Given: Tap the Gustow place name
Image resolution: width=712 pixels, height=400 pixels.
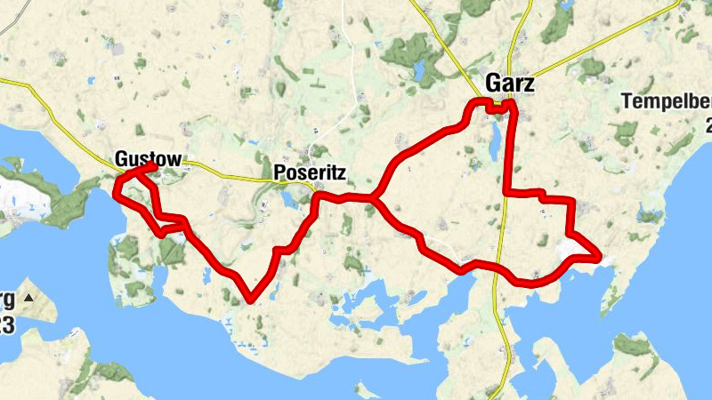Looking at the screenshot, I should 148,160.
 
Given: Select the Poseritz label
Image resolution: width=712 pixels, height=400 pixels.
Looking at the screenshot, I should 309,172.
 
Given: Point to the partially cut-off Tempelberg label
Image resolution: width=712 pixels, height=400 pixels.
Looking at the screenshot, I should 667,101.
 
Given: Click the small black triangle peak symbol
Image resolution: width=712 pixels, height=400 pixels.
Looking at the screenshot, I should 28,297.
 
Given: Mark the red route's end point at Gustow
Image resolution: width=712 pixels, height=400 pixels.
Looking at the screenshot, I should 155,166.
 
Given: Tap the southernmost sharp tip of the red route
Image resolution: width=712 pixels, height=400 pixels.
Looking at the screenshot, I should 252,300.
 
